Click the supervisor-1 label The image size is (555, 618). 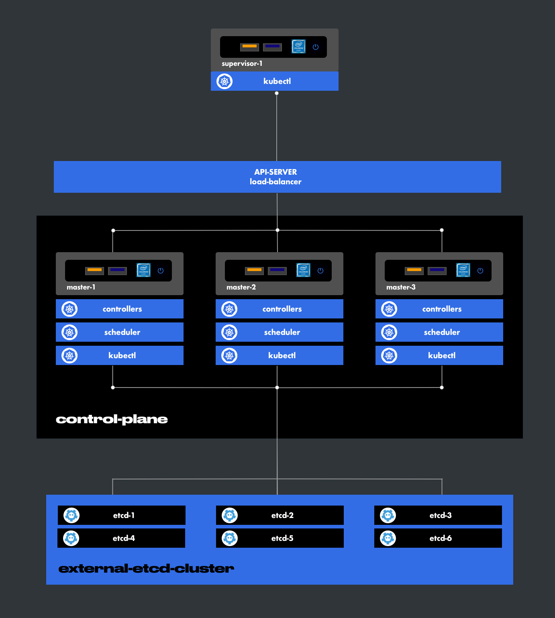(x=242, y=63)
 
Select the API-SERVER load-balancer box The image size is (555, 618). (x=277, y=177)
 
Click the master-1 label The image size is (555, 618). (x=81, y=287)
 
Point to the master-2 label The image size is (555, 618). (x=241, y=287)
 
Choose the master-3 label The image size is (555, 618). (x=401, y=287)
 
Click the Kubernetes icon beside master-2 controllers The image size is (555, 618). (x=229, y=309)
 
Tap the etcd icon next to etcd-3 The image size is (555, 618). (x=388, y=515)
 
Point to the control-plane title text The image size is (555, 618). (x=112, y=419)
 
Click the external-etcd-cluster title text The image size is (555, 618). (x=146, y=569)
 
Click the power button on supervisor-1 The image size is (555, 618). (x=316, y=47)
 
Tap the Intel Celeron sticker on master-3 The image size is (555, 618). (x=463, y=270)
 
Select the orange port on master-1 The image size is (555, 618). (x=94, y=270)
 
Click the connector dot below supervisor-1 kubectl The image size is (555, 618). (x=277, y=93)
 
